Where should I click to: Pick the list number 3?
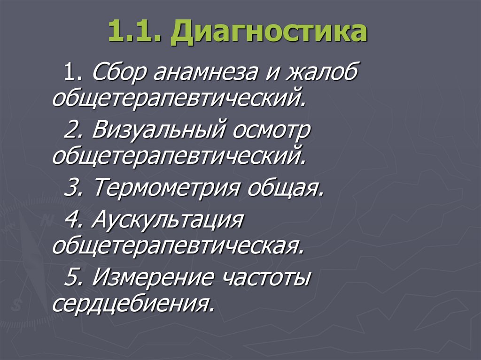(x=73, y=189)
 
